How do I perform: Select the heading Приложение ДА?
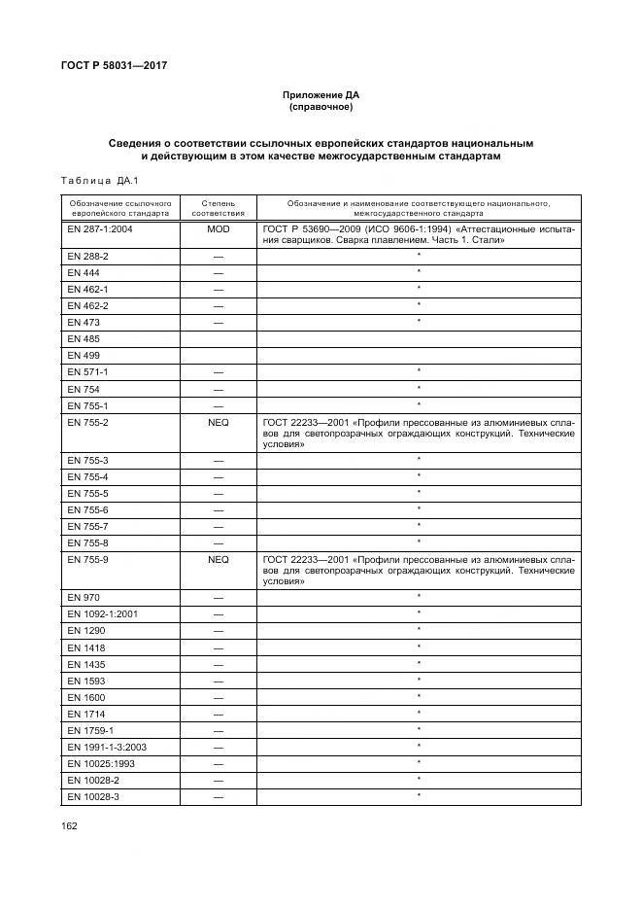tap(321, 95)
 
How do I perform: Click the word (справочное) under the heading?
tap(321, 107)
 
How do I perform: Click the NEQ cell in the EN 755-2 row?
tap(218, 423)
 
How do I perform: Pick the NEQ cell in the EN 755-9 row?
tap(218, 560)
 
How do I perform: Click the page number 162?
tap(69, 825)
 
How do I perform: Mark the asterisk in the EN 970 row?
tap(418, 596)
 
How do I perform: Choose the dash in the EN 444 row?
tap(218, 272)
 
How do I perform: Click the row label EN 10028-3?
tap(94, 796)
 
